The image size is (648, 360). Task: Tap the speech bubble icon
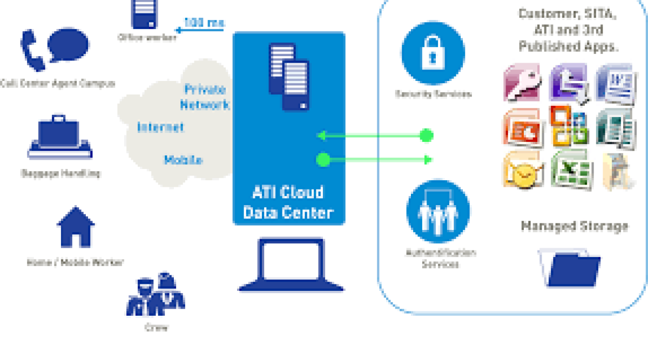[x=69, y=45]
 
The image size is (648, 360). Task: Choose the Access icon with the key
[x=521, y=83]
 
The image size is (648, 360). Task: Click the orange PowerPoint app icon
[x=521, y=127]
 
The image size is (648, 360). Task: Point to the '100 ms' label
[x=204, y=23]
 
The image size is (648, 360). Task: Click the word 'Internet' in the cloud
[x=160, y=127]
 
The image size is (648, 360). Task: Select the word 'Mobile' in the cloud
[x=183, y=160]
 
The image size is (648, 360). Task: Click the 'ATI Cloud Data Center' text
[x=288, y=202]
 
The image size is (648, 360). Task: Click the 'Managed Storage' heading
[x=575, y=226]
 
